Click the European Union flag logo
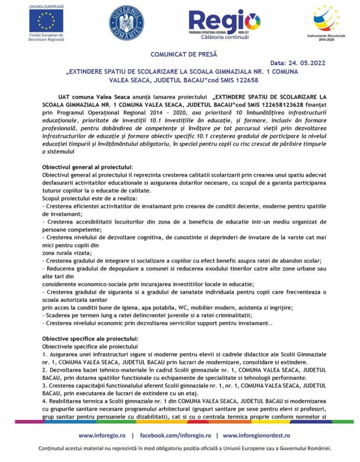[47, 21]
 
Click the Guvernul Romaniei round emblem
[126, 22]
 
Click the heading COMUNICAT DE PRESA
[184, 54]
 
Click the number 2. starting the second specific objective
[44, 370]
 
